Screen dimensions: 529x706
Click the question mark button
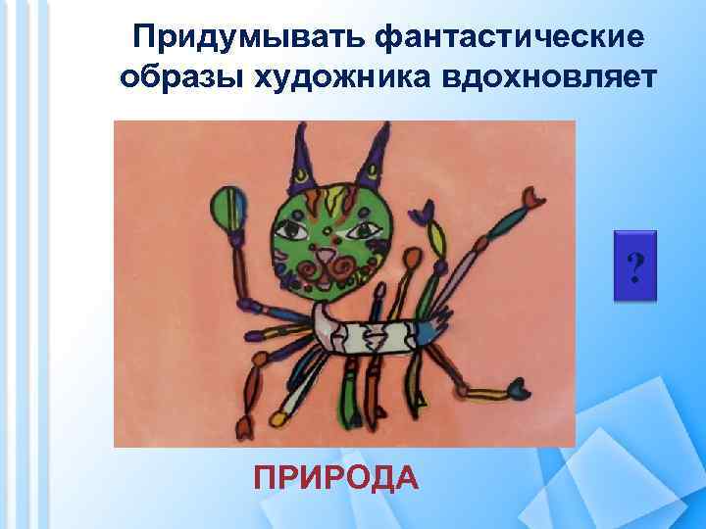[636, 265]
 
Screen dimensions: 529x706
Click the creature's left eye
[292, 229]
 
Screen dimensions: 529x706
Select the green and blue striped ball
[231, 205]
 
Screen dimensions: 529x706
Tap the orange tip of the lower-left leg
[241, 427]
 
